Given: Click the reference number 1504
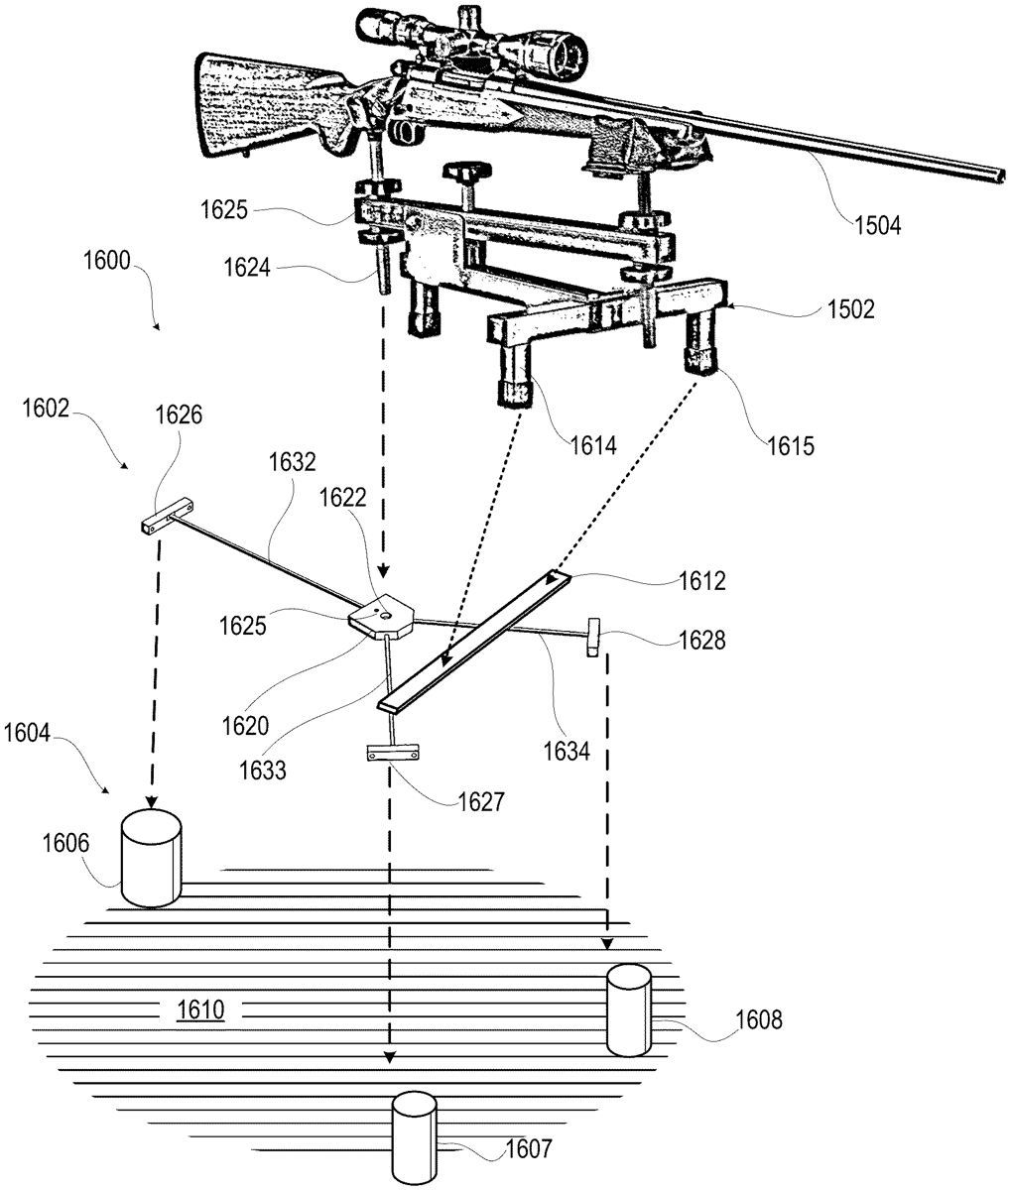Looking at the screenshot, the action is [877, 226].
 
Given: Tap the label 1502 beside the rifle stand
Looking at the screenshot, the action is [851, 309].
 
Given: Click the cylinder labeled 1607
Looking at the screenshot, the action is [414, 1138].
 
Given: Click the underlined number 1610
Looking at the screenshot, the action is [200, 1010].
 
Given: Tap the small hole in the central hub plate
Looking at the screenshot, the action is [385, 616].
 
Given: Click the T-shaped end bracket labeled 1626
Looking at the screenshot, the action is [167, 516].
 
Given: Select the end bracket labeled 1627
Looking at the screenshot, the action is [392, 752].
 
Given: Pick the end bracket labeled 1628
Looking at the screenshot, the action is [593, 637].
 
